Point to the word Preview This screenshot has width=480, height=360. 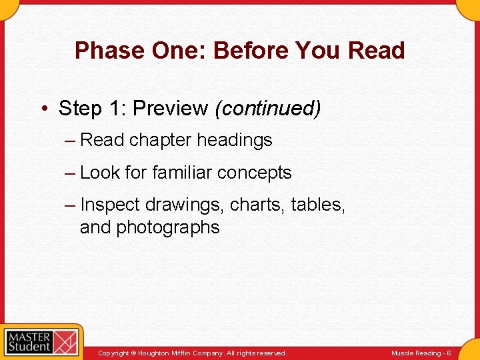click(x=170, y=108)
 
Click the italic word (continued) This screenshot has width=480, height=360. click(x=267, y=108)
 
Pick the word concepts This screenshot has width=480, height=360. click(x=257, y=173)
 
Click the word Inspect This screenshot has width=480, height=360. click(x=110, y=205)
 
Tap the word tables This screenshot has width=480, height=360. click(x=318, y=205)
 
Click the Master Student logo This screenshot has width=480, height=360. click(x=41, y=342)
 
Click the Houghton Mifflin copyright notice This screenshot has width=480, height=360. click(x=192, y=353)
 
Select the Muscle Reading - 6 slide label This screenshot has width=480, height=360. click(x=421, y=353)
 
